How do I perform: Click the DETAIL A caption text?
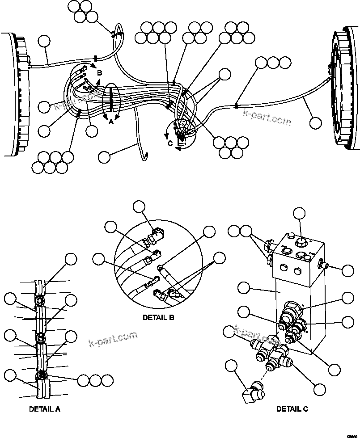44,409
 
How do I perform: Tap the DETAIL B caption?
158,318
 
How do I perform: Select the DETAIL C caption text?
292,409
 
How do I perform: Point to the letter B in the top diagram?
100,72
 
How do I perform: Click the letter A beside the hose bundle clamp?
111,120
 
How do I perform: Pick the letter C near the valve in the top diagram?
170,144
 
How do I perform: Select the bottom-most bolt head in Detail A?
42,375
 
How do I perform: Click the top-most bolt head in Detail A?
40,299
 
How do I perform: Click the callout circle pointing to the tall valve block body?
243,288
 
